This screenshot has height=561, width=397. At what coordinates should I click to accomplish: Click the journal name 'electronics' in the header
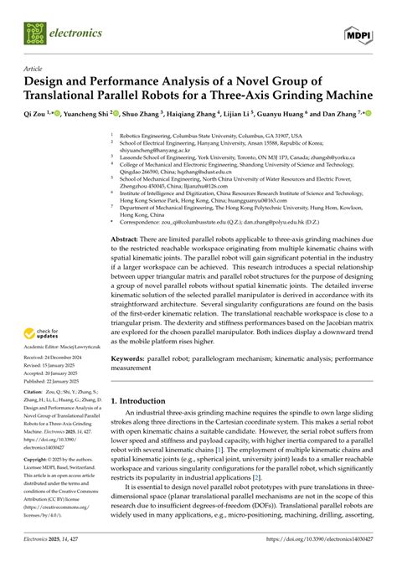coord(75,33)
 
